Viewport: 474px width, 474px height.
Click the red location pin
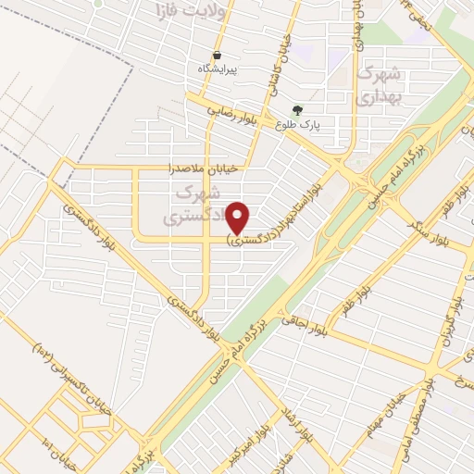tap(239, 218)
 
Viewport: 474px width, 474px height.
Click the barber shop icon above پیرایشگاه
tap(216, 55)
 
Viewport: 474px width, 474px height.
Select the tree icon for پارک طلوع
tap(297, 109)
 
